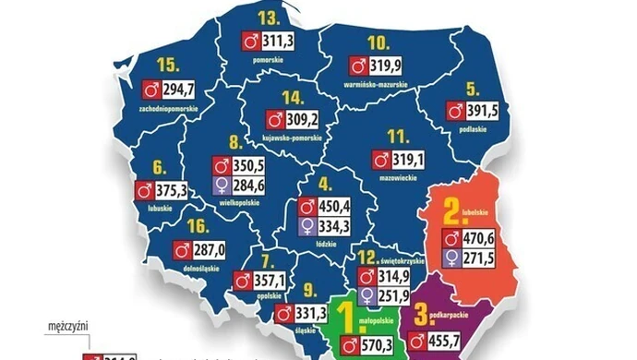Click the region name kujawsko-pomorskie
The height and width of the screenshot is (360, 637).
click(291, 138)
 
